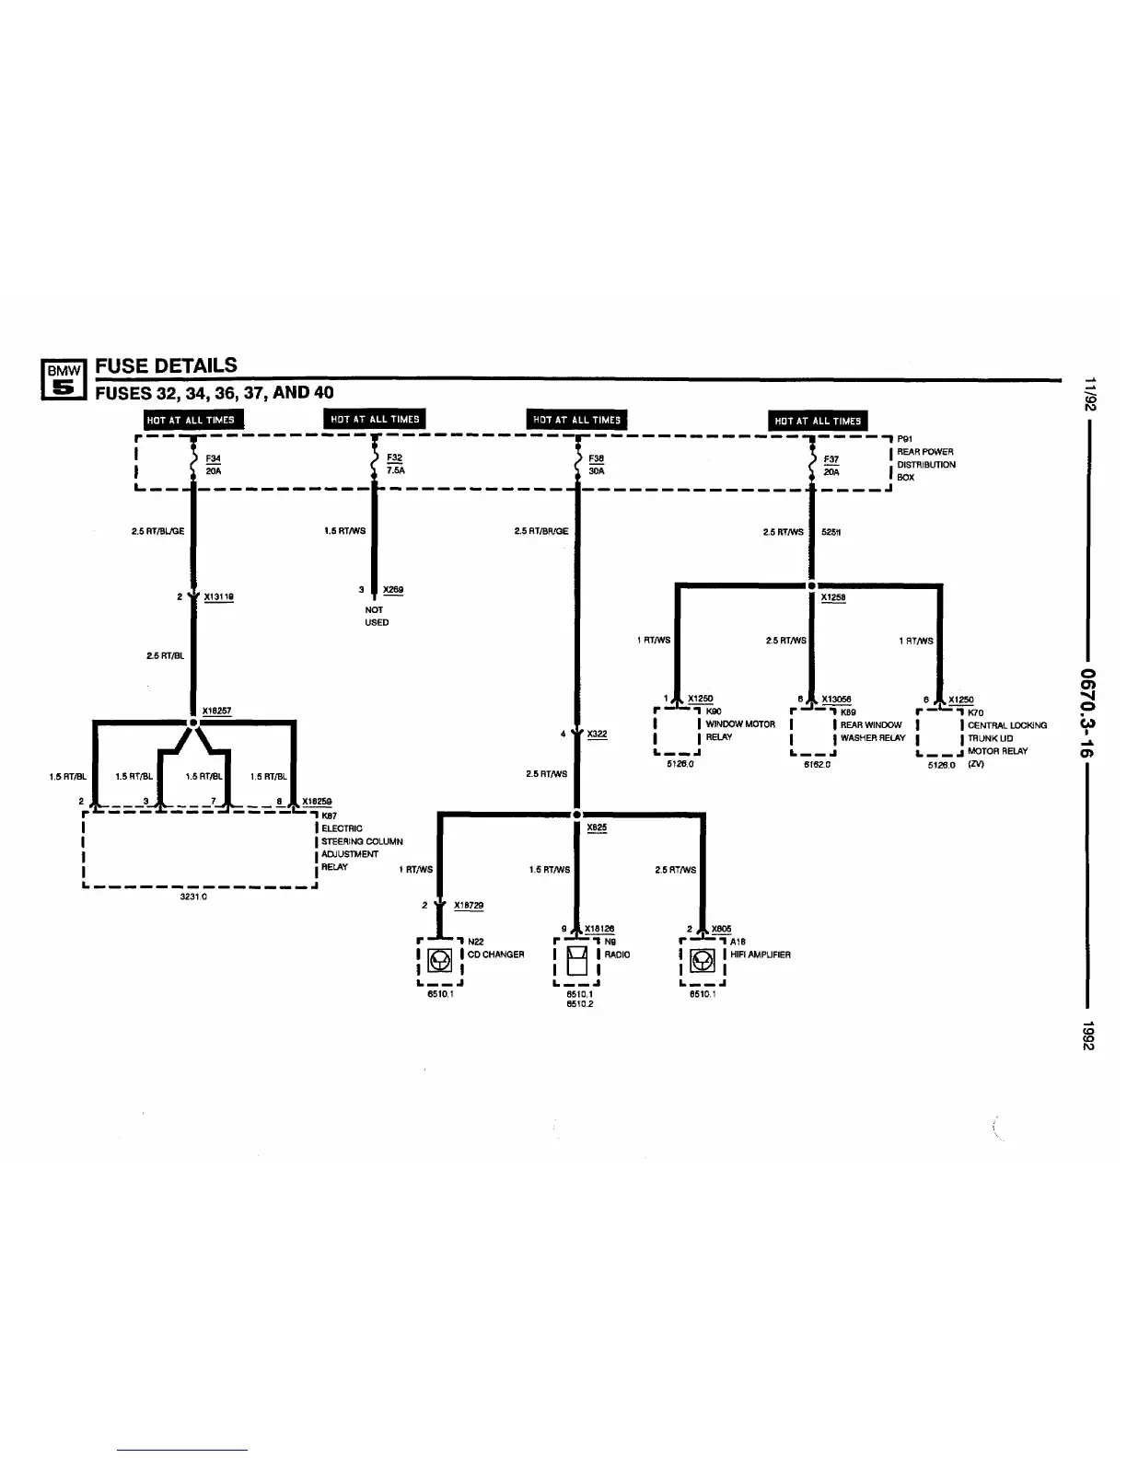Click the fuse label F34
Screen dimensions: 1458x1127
213,457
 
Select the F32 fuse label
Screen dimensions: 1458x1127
395,457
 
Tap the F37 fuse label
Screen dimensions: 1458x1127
831,458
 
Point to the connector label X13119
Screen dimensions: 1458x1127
218,596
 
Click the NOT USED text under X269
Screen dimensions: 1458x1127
377,616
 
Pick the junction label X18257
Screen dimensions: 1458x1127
216,711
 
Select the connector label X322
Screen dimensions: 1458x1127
597,734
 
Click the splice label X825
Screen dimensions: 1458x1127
596,827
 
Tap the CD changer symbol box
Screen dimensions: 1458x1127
439,961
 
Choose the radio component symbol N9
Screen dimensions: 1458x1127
576,962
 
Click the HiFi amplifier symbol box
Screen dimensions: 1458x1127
703,961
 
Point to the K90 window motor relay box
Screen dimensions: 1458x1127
678,732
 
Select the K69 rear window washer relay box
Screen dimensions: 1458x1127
813,732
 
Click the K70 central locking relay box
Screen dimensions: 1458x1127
939,732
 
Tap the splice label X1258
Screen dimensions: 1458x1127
833,596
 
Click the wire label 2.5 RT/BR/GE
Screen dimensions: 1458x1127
541,531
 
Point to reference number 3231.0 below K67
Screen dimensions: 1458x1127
193,896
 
